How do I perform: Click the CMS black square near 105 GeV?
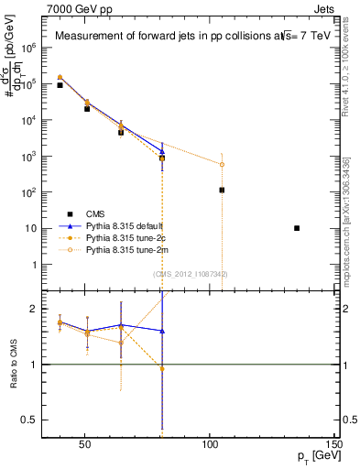pos(222,191)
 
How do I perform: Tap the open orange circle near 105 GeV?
pos(222,165)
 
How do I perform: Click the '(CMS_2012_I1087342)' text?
pos(191,274)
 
